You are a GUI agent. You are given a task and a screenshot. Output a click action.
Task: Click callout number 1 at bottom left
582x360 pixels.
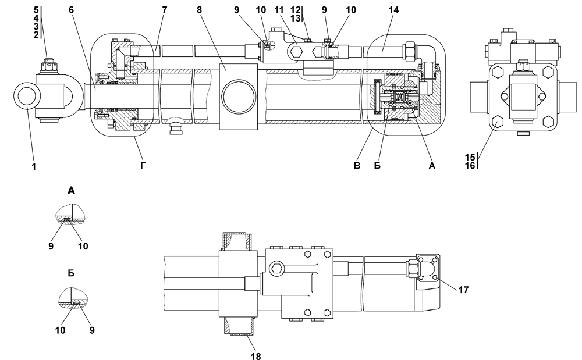[34, 167]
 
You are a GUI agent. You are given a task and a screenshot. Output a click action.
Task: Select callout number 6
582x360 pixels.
[71, 10]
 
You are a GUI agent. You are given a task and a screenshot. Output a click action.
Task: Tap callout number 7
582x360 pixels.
[165, 10]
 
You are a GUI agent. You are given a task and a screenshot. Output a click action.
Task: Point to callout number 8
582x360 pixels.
[199, 10]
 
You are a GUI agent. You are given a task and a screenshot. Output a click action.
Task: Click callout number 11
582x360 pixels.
[279, 10]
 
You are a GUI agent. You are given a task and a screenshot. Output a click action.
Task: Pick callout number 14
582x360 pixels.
[393, 10]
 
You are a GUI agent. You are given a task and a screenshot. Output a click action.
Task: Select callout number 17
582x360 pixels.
[463, 290]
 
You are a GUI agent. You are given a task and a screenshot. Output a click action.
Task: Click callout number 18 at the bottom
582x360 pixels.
[255, 356]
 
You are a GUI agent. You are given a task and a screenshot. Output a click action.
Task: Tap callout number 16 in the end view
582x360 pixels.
[470, 165]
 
